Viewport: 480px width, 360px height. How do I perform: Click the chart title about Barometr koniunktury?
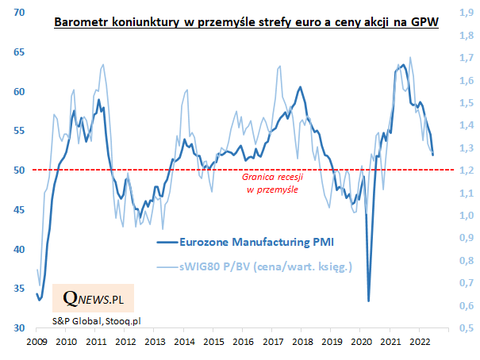pyautogui.click(x=245, y=24)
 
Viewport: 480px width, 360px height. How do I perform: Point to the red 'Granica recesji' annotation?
pyautogui.click(x=272, y=185)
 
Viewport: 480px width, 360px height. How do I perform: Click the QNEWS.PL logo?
pyautogui.click(x=92, y=300)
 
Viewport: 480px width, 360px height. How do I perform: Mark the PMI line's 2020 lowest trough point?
pyautogui.click(x=368, y=301)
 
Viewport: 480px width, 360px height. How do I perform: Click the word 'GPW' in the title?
pyautogui.click(x=424, y=24)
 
